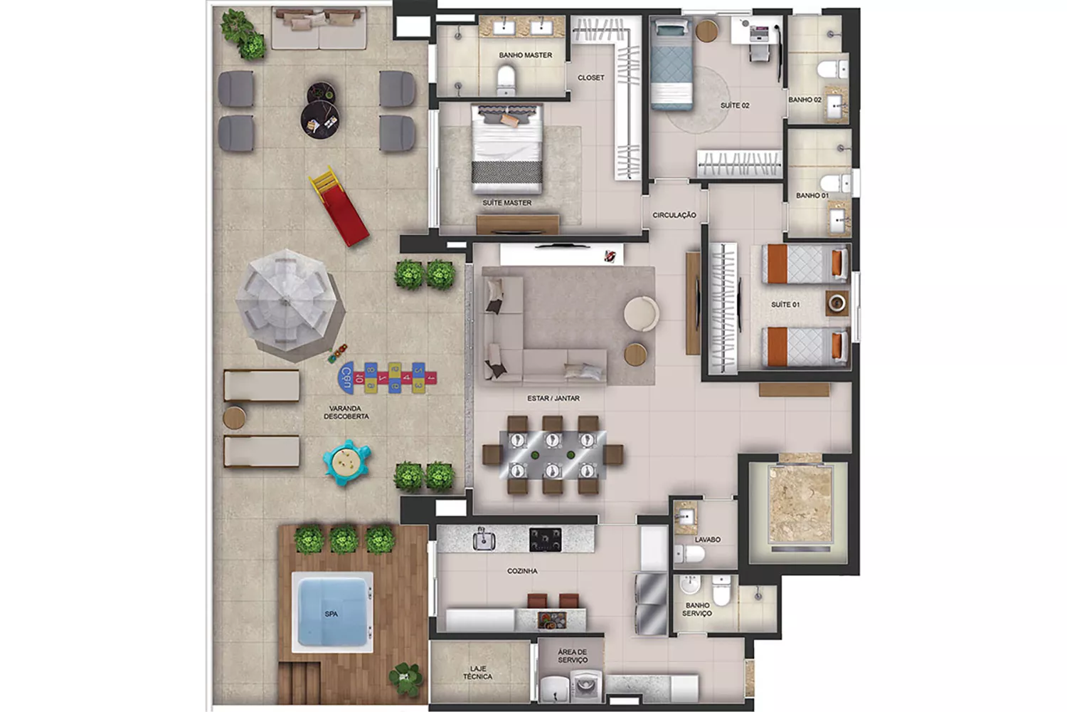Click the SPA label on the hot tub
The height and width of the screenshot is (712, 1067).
[x=331, y=614]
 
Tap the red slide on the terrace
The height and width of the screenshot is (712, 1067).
[x=339, y=206]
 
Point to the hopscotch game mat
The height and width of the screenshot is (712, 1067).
[x=387, y=378]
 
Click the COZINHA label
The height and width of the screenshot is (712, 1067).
[x=522, y=571]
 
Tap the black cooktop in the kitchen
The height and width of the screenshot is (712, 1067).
[x=546, y=540]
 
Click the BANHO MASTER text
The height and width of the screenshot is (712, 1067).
[x=526, y=56]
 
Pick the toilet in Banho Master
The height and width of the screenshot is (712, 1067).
[x=506, y=80]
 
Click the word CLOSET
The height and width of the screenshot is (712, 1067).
[x=590, y=78]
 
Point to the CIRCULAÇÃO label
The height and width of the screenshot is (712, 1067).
[x=674, y=216]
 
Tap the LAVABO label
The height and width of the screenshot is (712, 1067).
[x=707, y=540]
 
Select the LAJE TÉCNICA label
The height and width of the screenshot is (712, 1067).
[x=478, y=673]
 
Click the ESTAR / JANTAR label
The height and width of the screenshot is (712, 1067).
[x=553, y=398]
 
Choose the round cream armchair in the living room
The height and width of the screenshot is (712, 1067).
[x=642, y=313]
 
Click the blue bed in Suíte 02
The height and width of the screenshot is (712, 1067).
[x=671, y=64]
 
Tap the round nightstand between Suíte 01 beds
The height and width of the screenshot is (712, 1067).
[x=837, y=303]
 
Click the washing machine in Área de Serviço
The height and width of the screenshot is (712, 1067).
[x=586, y=685]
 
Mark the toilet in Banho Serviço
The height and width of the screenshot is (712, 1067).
[x=721, y=590]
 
